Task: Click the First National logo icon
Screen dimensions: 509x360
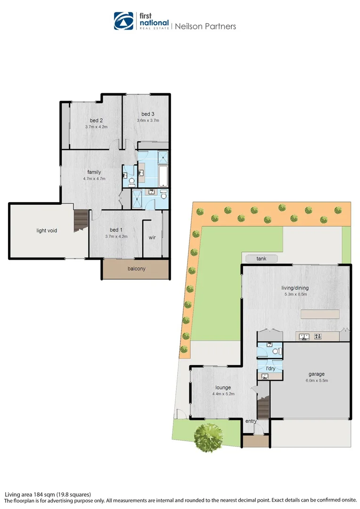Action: pos(124,21)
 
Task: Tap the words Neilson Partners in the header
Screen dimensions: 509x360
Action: pos(205,26)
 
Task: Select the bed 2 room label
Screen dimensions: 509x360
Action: pos(97,121)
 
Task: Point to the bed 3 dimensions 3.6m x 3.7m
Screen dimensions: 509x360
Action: pos(147,120)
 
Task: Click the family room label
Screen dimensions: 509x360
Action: pos(94,172)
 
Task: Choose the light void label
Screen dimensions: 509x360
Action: pos(47,230)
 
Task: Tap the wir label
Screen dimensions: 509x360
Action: pos(152,238)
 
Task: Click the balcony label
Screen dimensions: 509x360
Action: pos(136,269)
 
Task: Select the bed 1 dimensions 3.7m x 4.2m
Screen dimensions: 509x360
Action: pos(116,236)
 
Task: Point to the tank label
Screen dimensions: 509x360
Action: pos(261,259)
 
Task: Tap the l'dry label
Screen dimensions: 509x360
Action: pos(270,368)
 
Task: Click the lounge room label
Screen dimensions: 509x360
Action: pos(223,387)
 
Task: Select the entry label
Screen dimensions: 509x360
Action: pos(251,421)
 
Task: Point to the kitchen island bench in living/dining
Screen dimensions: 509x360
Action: pos(320,314)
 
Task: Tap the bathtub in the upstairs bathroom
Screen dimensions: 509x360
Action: pos(163,175)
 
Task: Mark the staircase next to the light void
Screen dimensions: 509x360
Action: pos(81,220)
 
